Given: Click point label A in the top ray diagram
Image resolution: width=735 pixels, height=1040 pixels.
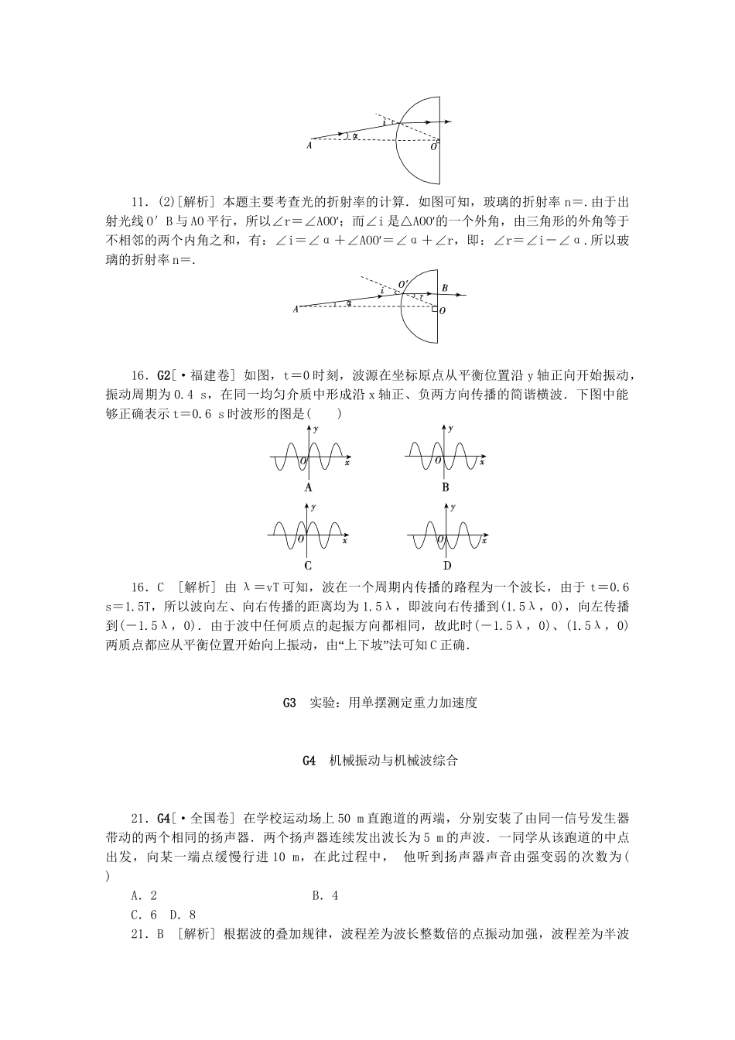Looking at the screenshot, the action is tap(309, 145).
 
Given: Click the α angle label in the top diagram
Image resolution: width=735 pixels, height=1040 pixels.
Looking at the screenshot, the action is tap(354, 136).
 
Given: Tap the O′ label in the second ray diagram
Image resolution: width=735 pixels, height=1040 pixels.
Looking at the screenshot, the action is tap(402, 284).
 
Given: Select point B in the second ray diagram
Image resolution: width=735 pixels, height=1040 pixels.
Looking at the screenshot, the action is tap(444, 288).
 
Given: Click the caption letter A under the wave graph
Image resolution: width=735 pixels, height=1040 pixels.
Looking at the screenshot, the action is tap(309, 487).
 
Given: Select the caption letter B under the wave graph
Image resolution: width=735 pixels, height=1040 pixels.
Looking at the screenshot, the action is tap(446, 487).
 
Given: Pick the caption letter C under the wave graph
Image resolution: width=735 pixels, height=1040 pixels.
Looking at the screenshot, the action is tap(309, 565).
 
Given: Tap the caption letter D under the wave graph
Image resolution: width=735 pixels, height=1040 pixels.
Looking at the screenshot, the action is tap(446, 565).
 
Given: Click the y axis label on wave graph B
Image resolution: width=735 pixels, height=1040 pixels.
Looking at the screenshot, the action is tap(453, 428).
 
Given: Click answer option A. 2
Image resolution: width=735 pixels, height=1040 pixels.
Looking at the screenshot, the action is tap(145, 895).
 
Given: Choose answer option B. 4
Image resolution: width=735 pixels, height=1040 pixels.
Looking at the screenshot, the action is tap(325, 895).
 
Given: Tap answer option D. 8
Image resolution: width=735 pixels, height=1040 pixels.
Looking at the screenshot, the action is tap(183, 915).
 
